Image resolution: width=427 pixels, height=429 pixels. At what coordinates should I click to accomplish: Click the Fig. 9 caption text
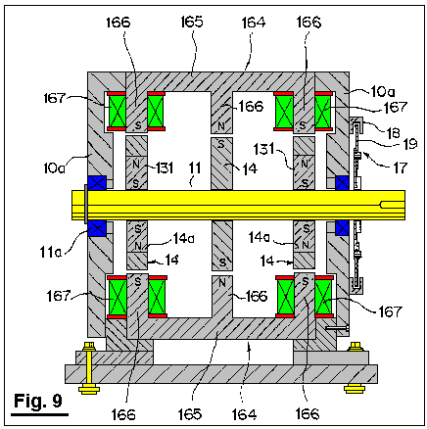[38, 401]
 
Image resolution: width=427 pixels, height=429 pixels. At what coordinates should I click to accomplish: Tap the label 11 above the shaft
[195, 168]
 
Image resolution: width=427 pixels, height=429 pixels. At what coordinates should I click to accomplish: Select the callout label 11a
[51, 252]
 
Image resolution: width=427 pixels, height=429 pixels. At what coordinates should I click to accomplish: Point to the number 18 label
[393, 133]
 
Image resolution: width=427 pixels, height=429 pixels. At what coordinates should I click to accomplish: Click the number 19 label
[410, 143]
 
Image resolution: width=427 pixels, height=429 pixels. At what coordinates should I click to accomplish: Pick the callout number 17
[401, 167]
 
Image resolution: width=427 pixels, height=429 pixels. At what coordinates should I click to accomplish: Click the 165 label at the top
[192, 22]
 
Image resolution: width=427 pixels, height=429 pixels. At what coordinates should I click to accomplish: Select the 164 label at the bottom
[244, 414]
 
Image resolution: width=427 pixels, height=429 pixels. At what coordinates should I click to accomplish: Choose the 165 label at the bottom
[190, 414]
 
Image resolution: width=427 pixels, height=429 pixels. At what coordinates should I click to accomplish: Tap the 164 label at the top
[254, 23]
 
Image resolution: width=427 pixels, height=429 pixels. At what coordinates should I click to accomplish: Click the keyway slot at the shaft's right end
[393, 205]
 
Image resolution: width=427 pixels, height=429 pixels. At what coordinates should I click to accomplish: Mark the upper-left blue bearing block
[97, 183]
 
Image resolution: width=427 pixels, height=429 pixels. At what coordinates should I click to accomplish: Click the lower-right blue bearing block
[342, 227]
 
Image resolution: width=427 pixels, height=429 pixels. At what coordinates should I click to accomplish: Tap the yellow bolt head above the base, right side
[356, 347]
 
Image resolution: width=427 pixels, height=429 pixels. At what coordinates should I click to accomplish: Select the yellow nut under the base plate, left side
[89, 389]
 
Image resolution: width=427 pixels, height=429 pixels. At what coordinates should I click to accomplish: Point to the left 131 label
[165, 167]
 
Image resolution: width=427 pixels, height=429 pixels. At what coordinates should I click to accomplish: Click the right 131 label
[264, 149]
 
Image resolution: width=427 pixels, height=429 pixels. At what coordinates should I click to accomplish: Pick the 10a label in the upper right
[382, 92]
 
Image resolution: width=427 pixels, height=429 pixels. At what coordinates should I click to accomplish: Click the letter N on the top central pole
[221, 125]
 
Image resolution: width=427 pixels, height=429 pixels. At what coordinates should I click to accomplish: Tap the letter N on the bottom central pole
[222, 282]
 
